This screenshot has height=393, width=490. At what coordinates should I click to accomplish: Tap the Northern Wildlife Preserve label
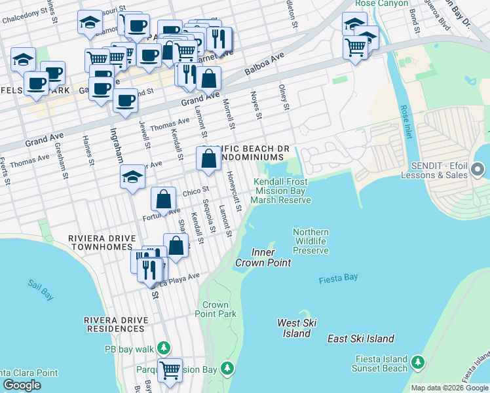[311, 241]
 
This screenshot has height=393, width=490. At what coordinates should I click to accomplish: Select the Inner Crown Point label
[271, 257]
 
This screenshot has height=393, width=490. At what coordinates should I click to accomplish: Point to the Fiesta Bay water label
[338, 278]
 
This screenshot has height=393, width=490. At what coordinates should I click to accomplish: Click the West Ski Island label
[297, 328]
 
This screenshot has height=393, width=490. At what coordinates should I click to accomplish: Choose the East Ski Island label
[361, 339]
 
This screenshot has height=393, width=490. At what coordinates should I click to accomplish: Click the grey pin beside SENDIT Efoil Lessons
[478, 170]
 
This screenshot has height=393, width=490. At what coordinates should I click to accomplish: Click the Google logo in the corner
[22, 385]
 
